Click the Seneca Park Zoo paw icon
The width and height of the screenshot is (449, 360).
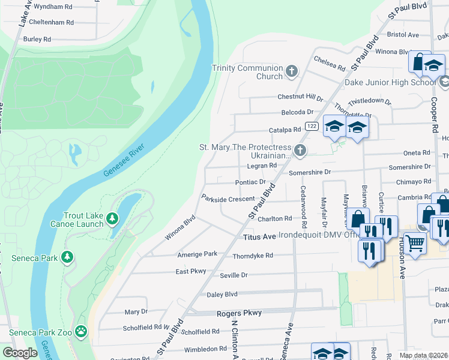click(x=81, y=331)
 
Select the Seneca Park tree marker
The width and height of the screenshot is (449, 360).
click(x=67, y=258)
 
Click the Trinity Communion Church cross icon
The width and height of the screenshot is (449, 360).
click(x=291, y=72)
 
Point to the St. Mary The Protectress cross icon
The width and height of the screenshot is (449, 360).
click(x=300, y=150)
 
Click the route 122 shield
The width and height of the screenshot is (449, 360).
click(x=311, y=125)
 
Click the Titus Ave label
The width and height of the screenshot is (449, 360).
click(x=260, y=237)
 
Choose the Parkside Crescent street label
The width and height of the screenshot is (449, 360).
click(x=228, y=198)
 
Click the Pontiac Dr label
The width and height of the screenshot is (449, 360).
click(x=250, y=182)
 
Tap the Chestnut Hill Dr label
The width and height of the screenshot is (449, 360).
click(x=300, y=97)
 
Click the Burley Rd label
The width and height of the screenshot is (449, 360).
click(x=37, y=39)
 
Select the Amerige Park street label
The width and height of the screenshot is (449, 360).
click(x=197, y=254)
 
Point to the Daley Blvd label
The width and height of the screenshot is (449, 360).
click(x=222, y=295)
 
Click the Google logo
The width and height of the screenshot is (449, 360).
click(x=20, y=353)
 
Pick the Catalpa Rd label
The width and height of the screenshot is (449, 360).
click(x=285, y=130)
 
